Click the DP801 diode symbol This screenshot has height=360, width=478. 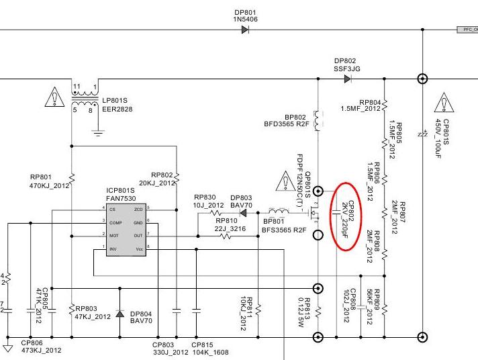pyautogui.click(x=246, y=30)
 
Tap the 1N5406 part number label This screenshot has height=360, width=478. pyautogui.click(x=246, y=19)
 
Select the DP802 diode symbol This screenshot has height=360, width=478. pyautogui.click(x=347, y=79)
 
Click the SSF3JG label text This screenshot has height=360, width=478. pyautogui.click(x=347, y=69)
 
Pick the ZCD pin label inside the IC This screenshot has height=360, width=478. pyautogui.click(x=138, y=210)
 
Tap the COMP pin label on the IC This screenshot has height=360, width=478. pyautogui.click(x=116, y=222)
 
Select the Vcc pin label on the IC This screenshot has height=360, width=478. pyautogui.click(x=140, y=249)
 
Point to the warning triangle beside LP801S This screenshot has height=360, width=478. pyautogui.click(x=52, y=98)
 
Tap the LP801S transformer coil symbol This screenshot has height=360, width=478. pyautogui.click(x=85, y=98)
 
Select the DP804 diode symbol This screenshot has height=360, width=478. pyautogui.click(x=119, y=314)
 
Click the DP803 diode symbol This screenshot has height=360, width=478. pyautogui.click(x=243, y=212)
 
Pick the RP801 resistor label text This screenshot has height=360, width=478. pyautogui.click(x=41, y=178)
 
